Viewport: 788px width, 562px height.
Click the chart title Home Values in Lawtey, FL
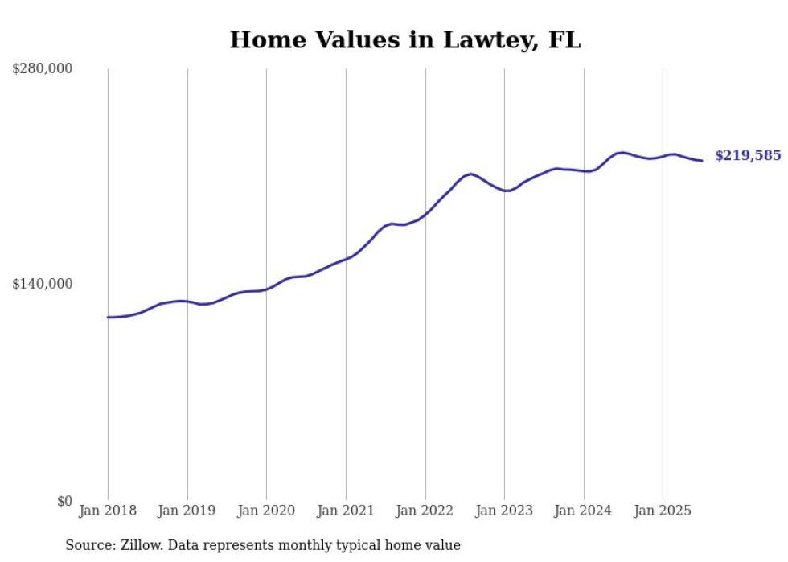(x=404, y=40)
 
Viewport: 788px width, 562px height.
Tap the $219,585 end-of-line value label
(x=747, y=156)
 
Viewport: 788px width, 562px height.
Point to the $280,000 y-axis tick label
(x=43, y=69)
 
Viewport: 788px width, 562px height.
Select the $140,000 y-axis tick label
(x=43, y=284)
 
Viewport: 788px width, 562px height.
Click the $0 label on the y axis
(x=64, y=501)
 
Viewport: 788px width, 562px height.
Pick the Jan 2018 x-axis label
(x=108, y=511)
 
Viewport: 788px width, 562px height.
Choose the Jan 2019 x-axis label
(x=187, y=511)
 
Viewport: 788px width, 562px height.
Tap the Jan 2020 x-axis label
(x=266, y=511)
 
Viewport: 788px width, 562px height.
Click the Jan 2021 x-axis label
(x=346, y=511)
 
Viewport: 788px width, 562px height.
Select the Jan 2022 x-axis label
(x=425, y=511)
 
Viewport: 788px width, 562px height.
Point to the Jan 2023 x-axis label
(x=504, y=511)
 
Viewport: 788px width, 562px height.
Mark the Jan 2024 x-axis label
(x=584, y=511)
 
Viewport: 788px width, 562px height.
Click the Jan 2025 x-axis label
(x=663, y=511)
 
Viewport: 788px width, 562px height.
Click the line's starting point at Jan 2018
(x=108, y=318)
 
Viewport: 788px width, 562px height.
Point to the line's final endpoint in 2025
(x=702, y=161)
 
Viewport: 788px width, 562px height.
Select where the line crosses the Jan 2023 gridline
(x=504, y=191)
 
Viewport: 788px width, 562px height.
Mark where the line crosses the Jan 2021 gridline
(x=346, y=259)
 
